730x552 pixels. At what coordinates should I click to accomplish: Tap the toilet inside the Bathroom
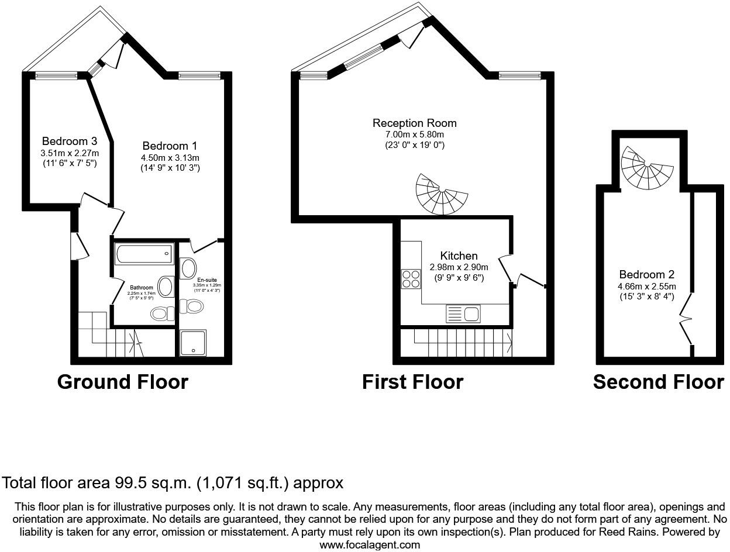[x=163, y=313]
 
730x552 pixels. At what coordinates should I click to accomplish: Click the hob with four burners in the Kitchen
[x=411, y=278]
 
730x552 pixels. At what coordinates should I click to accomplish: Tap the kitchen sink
[x=463, y=314]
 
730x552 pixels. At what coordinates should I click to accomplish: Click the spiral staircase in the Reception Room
[x=441, y=195]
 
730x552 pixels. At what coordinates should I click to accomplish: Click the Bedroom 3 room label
[x=70, y=142]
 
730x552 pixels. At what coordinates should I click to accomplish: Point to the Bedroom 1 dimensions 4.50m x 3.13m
[x=170, y=157]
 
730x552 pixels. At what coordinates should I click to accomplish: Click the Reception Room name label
[x=414, y=123]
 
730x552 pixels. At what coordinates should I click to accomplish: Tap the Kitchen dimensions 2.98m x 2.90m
[x=459, y=267]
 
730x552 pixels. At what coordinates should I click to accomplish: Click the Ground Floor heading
[x=123, y=382]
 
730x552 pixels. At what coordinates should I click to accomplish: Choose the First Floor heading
[x=412, y=382]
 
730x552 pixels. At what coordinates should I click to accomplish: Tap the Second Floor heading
[x=658, y=382]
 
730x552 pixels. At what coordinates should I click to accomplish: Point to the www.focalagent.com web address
[x=370, y=544]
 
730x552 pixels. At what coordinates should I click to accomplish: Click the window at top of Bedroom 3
[x=56, y=75]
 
